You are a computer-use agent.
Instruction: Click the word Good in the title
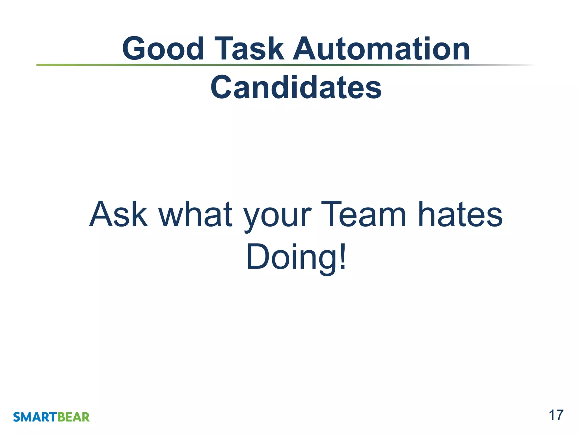pyautogui.click(x=163, y=49)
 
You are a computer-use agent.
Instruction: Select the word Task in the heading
pyautogui.click(x=249, y=49)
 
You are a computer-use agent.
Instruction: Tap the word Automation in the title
pyautogui.click(x=381, y=49)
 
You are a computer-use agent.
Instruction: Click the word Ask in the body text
pyautogui.click(x=118, y=214)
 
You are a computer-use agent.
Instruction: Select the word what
pyautogui.click(x=195, y=214)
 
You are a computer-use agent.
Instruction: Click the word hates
pyautogui.click(x=460, y=214)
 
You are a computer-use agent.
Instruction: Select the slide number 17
pyautogui.click(x=556, y=415)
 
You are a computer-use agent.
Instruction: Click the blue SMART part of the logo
pyautogui.click(x=35, y=417)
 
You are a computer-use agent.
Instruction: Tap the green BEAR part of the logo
pyautogui.click(x=74, y=417)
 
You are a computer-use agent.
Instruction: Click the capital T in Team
pyautogui.click(x=331, y=214)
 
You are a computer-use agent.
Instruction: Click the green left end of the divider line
pyautogui.click(x=42, y=65)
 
